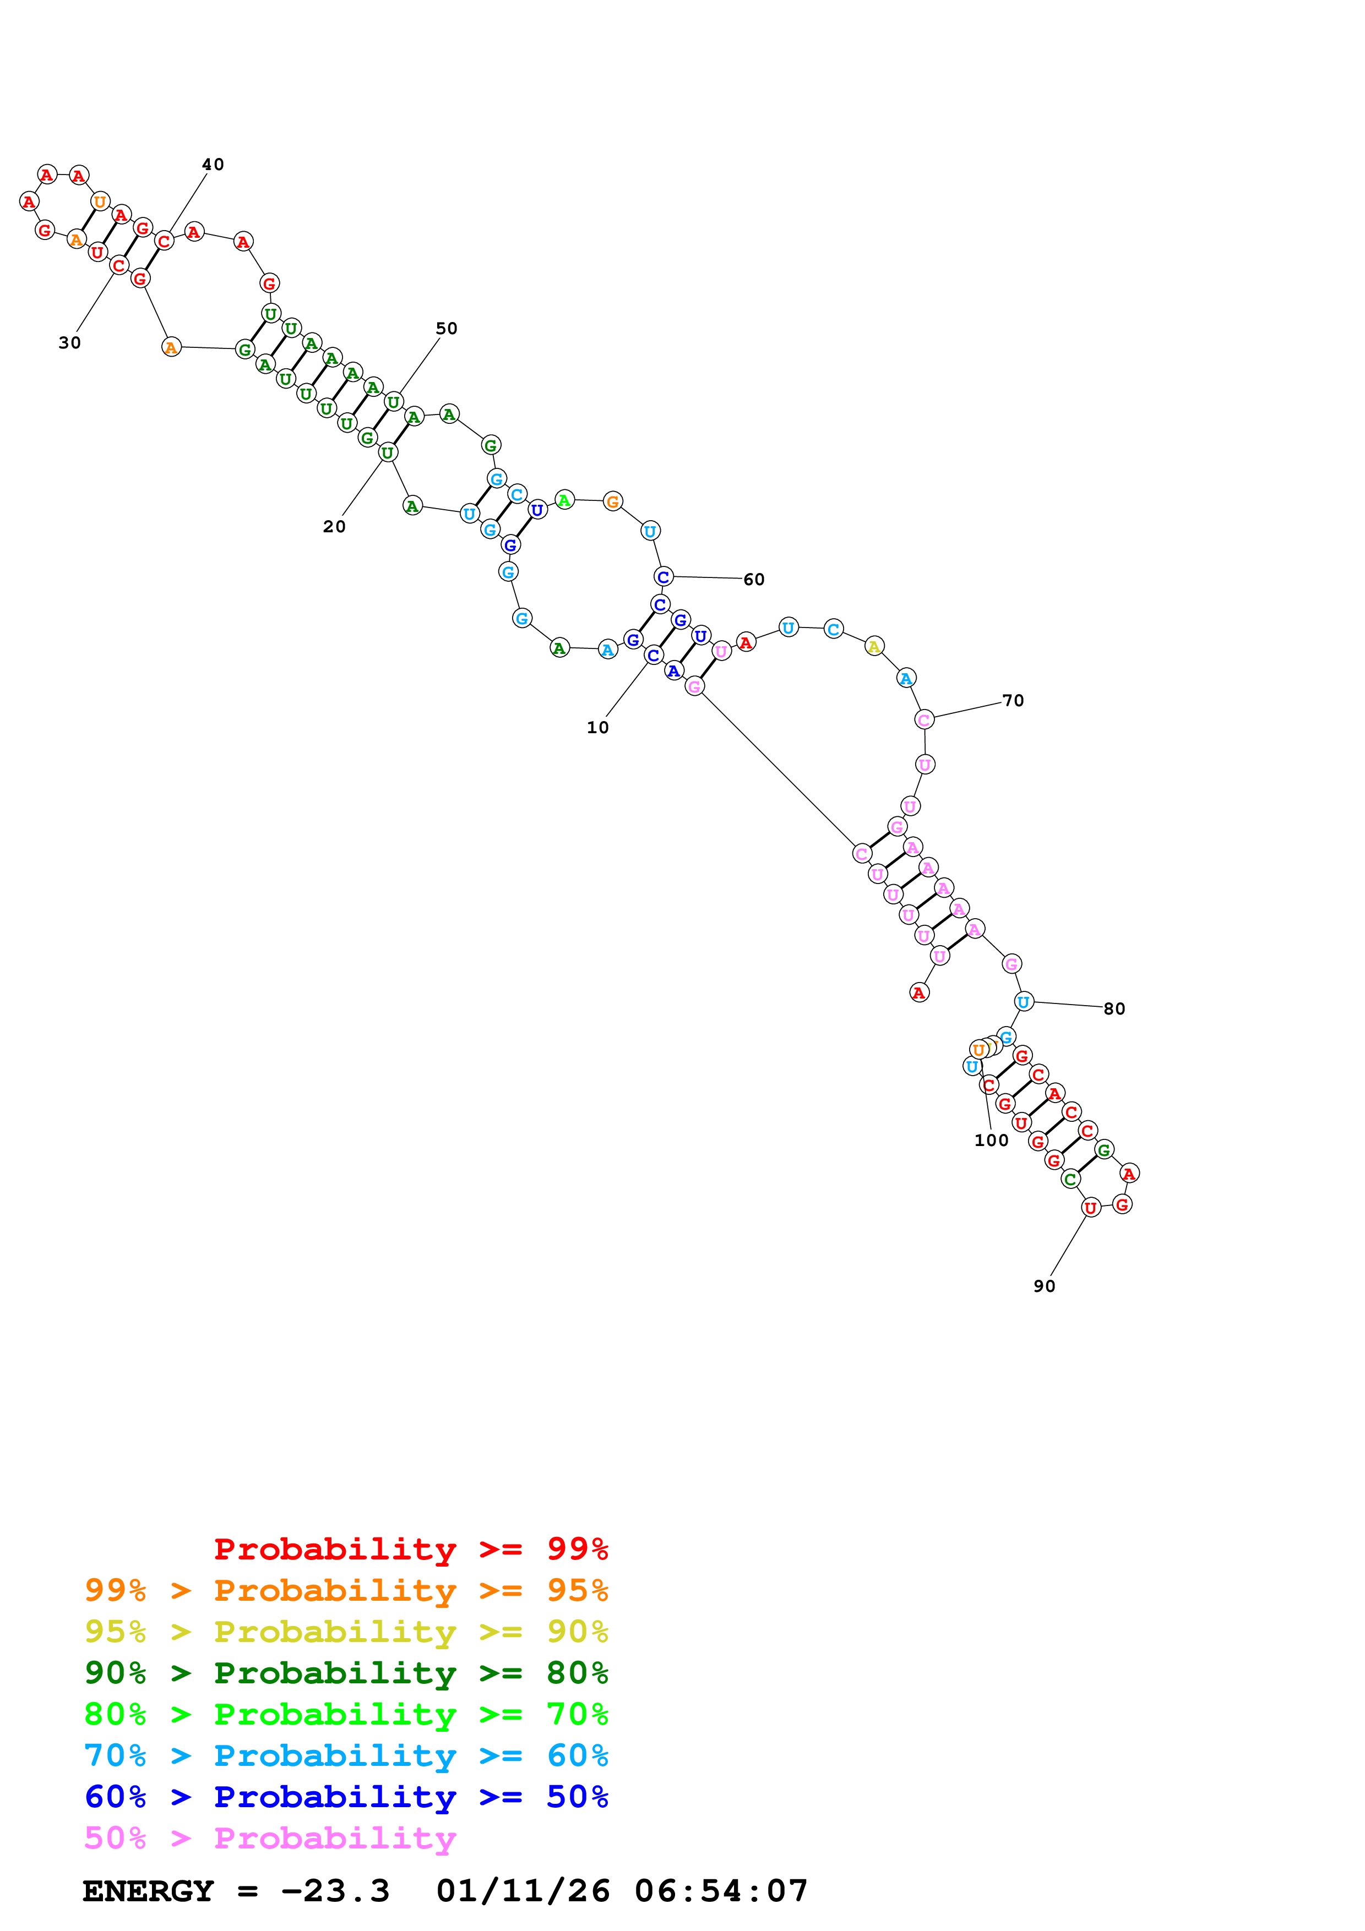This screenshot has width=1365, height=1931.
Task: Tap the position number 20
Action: point(334,526)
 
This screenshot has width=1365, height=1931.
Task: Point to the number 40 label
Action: point(213,164)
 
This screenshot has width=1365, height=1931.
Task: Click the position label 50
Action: point(447,328)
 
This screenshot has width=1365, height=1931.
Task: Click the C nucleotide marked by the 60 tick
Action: point(663,577)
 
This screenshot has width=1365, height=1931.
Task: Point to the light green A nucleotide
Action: point(564,500)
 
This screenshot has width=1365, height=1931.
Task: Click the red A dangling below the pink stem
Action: point(918,993)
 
